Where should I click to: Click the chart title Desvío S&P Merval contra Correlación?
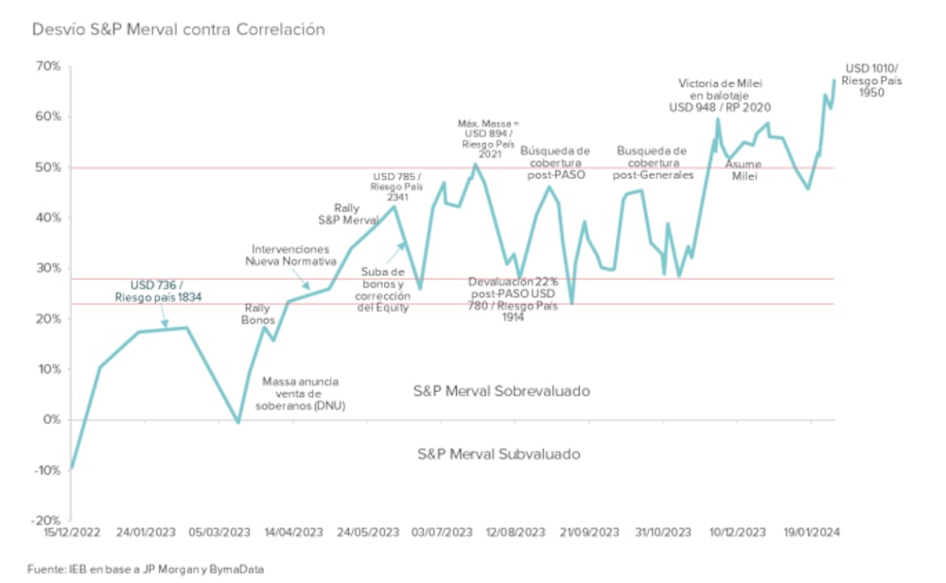pos(179,29)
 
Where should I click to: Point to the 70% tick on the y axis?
pos(48,66)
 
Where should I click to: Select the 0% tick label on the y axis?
pos(52,419)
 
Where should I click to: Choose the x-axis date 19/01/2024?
pos(813,532)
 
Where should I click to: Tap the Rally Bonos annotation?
pos(257,314)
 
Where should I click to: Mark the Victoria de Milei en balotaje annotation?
pos(720,94)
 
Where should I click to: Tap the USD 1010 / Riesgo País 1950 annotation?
pos(872,80)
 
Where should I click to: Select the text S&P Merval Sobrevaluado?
pos(502,390)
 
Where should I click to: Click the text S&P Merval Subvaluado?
pos(499,454)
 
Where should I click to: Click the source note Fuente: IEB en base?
pos(146,569)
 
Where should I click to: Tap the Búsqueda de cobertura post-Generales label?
pos(652,162)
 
